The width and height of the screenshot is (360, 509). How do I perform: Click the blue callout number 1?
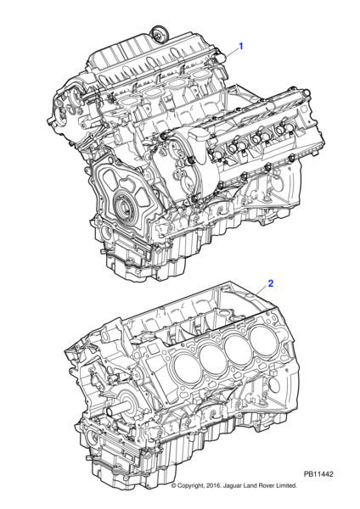point(241,47)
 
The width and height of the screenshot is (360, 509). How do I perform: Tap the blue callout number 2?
point(270,283)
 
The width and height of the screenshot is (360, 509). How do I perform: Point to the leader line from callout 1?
point(231,53)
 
